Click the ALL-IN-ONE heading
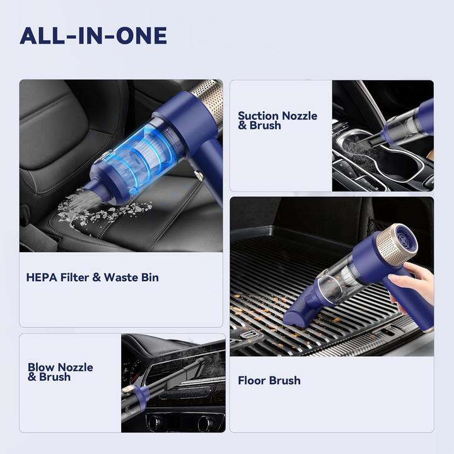(93, 36)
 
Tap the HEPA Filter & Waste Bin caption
(92, 277)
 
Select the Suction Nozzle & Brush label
(277, 120)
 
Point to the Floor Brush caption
(269, 380)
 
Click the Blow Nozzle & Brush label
(60, 372)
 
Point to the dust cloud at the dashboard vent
(211, 363)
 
